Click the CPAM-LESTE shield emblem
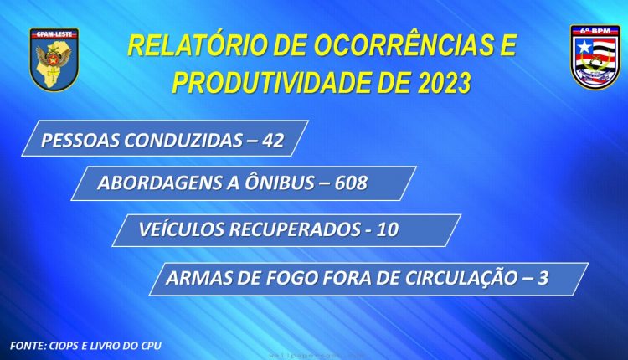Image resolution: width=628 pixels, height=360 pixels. click(54, 59)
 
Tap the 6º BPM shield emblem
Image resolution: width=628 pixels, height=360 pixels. click(595, 57)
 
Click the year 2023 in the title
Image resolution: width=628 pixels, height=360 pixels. click(444, 83)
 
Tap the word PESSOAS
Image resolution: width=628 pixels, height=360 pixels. click(80, 141)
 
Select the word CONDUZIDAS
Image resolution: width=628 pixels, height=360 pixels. click(183, 141)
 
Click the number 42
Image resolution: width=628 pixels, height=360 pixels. click(273, 141)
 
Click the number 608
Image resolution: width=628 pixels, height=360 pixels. click(351, 183)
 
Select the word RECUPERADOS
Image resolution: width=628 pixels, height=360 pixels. click(295, 229)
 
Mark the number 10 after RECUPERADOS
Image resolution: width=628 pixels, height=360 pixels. click(388, 229)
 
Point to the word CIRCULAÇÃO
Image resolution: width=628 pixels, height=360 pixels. click(461, 277)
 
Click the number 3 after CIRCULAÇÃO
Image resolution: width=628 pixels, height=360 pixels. click(543, 278)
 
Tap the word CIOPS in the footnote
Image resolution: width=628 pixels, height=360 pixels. click(64, 346)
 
